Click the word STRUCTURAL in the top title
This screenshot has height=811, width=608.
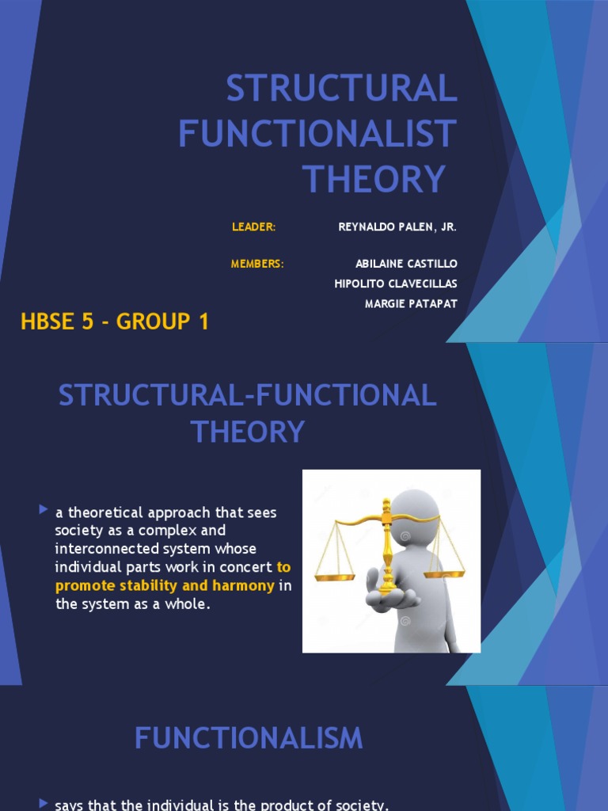[341, 88]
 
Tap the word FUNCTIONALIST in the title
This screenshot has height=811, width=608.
[317, 133]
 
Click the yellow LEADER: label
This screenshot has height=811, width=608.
[253, 227]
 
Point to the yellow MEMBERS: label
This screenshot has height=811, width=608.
[257, 264]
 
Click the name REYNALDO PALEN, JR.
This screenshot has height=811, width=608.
[397, 227]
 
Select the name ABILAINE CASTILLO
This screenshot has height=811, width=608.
[406, 264]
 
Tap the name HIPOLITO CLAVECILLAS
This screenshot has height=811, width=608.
[396, 284]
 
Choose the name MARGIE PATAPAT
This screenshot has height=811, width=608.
[411, 305]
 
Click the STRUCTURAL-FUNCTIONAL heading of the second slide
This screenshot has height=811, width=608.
[247, 395]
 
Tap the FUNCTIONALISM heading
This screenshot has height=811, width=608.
[249, 738]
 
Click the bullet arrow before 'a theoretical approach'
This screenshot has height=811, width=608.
[44, 511]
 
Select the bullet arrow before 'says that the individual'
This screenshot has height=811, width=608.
[44, 804]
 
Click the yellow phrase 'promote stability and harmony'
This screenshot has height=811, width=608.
[165, 586]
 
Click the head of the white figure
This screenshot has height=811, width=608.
[415, 512]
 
